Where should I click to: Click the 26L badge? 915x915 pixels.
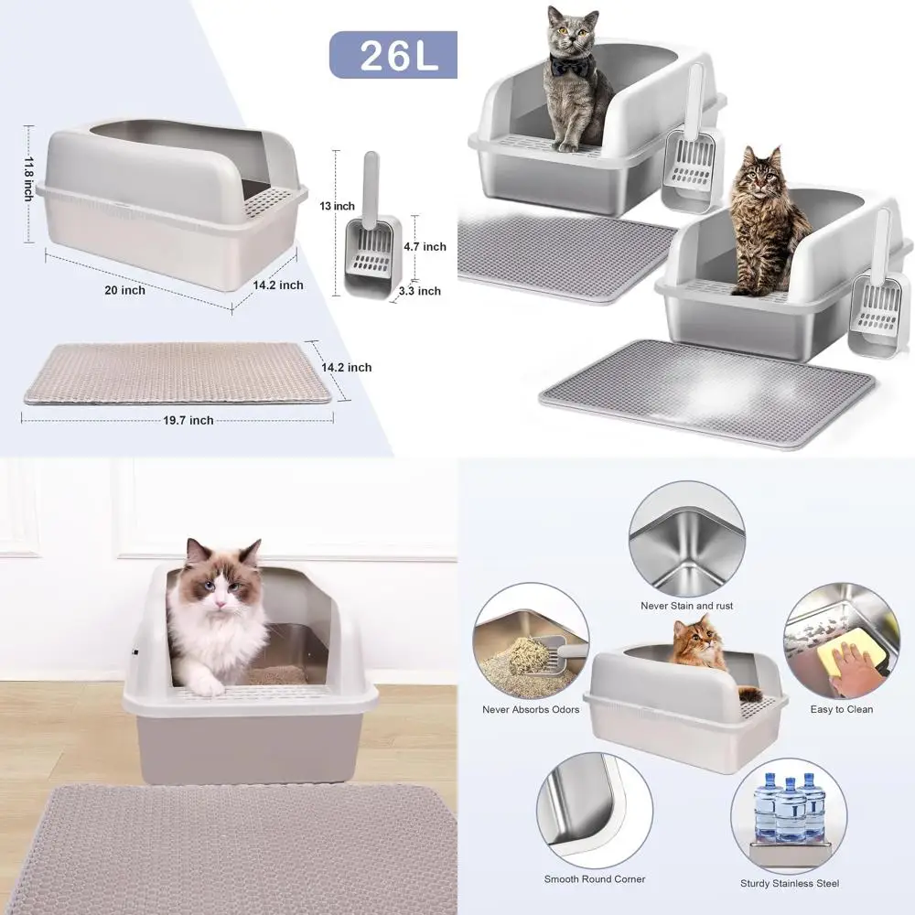393,55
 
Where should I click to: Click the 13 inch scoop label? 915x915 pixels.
338,207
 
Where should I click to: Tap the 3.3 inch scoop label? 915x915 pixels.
420,291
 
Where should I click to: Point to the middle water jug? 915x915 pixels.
790,806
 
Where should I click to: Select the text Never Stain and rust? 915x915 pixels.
686,606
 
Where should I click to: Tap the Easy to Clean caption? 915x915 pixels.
841,709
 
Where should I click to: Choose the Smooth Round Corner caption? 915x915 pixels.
595,879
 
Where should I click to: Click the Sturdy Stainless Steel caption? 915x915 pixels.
790,884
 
